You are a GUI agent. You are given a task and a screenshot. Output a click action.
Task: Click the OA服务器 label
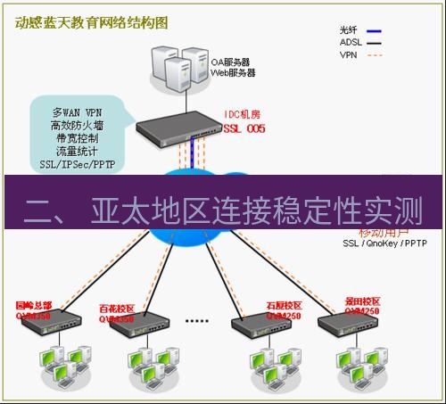point(230,62)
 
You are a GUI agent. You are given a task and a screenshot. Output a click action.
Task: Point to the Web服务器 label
point(233,73)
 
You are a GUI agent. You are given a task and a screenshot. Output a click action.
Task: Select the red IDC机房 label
point(244,116)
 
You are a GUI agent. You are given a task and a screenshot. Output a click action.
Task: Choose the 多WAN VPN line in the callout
point(77,113)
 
